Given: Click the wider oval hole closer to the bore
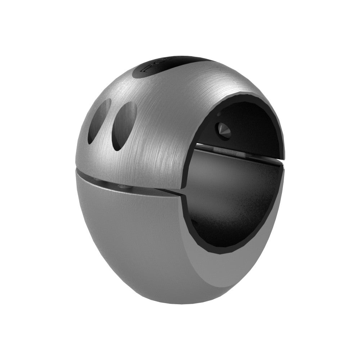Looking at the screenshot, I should click(124, 126).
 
